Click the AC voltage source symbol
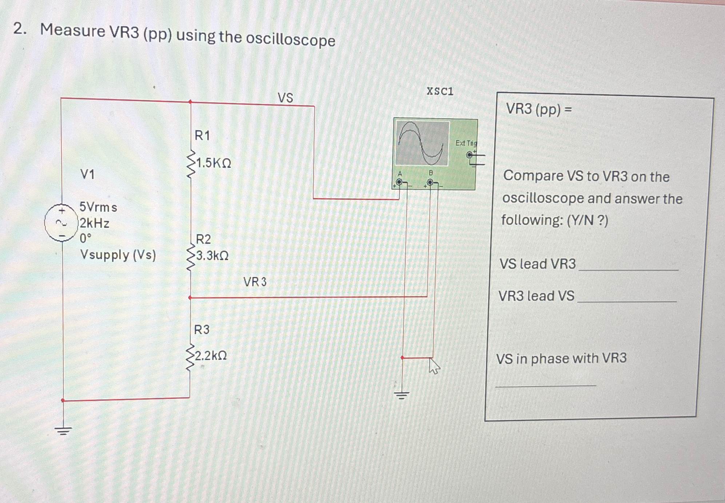click(x=61, y=222)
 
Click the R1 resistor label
click(x=202, y=135)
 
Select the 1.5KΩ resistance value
click(x=214, y=163)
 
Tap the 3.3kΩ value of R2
click(x=212, y=256)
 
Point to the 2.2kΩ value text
click(x=211, y=355)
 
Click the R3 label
click(x=202, y=330)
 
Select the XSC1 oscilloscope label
click(x=440, y=91)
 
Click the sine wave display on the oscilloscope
click(x=422, y=143)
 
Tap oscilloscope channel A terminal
click(x=399, y=182)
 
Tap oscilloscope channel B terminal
click(x=430, y=182)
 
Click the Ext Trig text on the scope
click(x=466, y=143)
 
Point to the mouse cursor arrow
click(x=434, y=365)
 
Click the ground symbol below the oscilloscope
click(x=402, y=395)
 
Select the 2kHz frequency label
click(x=95, y=223)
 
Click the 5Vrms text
click(x=98, y=207)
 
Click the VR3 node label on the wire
click(x=255, y=282)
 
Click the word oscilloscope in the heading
click(x=290, y=39)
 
